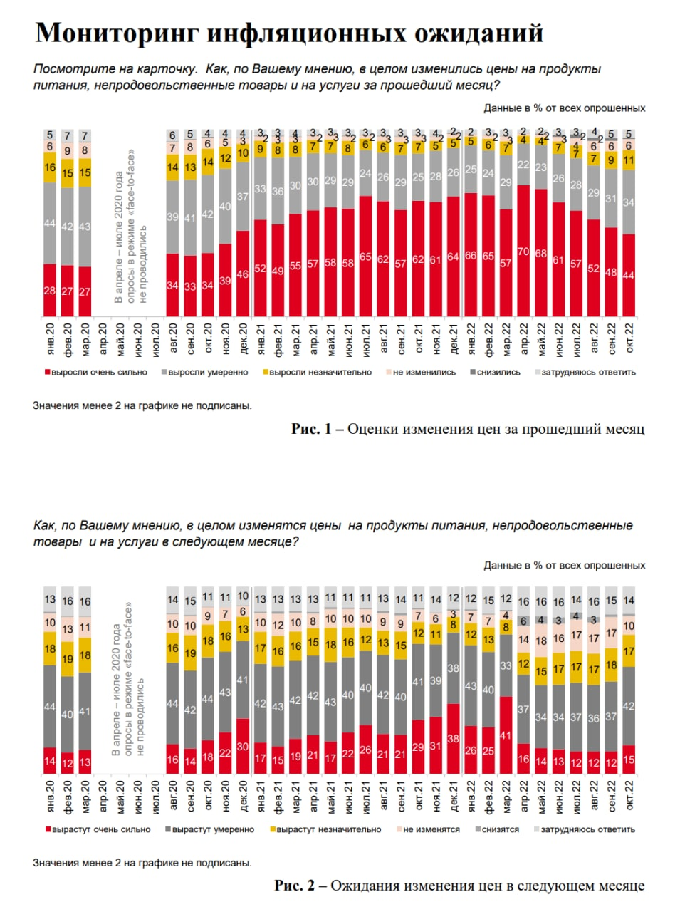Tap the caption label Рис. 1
311,429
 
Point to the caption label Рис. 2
294,886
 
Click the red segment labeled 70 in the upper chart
523,252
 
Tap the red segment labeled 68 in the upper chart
541,254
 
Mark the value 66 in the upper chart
471,256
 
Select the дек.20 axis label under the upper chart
243,338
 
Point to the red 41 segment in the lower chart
506,735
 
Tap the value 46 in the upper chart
243,274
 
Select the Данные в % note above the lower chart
564,565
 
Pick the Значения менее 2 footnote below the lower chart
142,863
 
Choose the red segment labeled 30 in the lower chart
243,747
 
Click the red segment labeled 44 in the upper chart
628,276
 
